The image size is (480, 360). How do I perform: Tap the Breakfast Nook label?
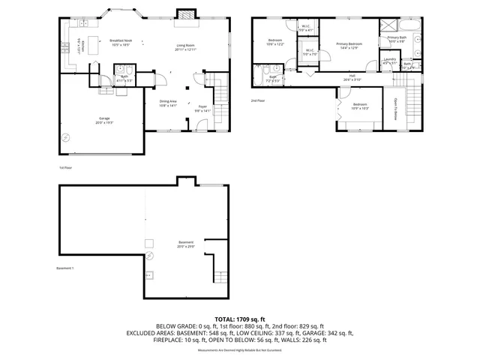[121, 43]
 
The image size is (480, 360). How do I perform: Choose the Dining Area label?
[167, 102]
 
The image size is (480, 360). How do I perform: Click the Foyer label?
[202, 108]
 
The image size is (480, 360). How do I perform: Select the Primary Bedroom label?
[349, 46]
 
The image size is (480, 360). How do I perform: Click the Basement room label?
[185, 243]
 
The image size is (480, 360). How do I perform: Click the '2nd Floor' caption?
[259, 100]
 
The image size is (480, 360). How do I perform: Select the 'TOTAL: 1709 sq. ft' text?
[239, 319]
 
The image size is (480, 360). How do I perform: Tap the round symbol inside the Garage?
[66, 136]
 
